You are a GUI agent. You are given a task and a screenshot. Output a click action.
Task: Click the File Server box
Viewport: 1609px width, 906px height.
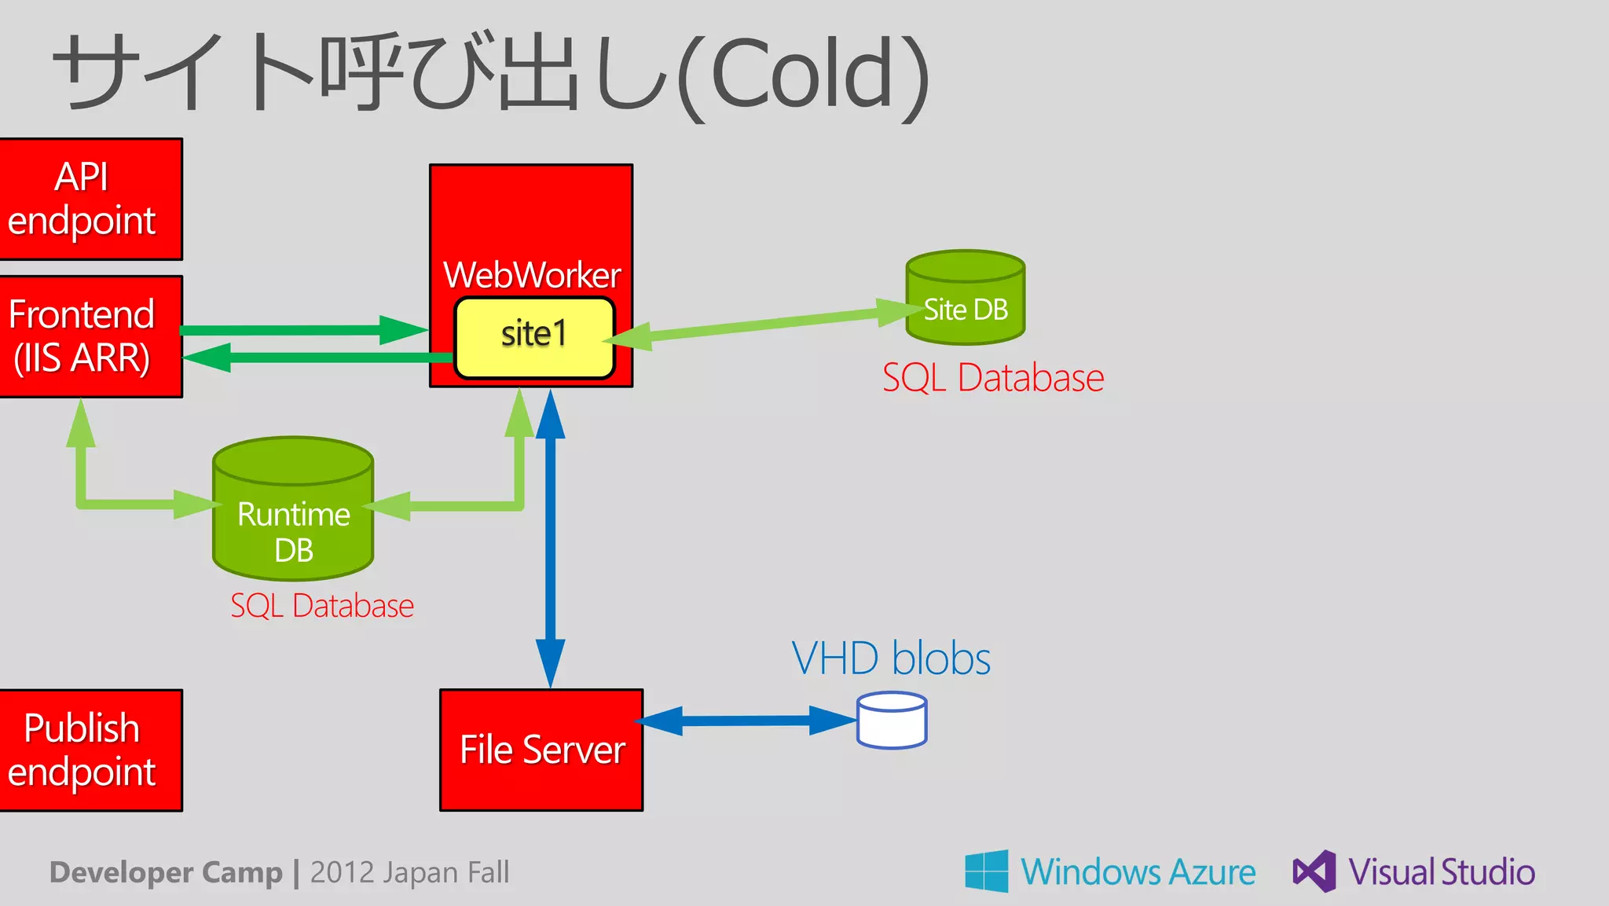pos(541,750)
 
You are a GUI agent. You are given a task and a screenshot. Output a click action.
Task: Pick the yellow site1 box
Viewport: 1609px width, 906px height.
pos(534,336)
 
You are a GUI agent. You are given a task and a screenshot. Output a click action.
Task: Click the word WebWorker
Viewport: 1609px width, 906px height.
pos(532,275)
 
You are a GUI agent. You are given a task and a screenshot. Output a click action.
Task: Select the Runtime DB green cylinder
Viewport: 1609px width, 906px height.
pos(293,511)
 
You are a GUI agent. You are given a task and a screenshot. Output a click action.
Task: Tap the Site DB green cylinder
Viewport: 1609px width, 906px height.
pos(966,299)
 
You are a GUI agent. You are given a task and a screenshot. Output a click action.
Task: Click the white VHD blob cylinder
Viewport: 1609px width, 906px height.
pos(892,720)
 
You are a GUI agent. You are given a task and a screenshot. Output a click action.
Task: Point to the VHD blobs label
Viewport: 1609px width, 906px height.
pos(890,658)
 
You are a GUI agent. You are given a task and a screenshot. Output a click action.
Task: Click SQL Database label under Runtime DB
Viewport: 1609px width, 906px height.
pos(321,606)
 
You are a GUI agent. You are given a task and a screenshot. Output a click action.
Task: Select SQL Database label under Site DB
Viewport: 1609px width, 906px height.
pos(993,378)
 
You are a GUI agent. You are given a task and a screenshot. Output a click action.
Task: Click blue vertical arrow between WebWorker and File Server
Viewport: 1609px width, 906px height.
pos(550,542)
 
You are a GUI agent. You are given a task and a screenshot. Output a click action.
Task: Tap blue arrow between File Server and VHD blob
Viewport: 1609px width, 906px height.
pos(746,720)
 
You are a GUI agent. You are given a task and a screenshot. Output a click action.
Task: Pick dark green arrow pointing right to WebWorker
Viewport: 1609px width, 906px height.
pos(299,330)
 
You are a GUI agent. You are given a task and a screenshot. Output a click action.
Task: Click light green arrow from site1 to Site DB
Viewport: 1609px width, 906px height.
pos(762,324)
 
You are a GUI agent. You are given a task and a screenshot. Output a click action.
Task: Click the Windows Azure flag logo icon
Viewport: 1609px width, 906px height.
pos(987,871)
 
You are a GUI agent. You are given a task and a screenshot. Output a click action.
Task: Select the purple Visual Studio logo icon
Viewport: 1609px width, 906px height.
pos(1314,871)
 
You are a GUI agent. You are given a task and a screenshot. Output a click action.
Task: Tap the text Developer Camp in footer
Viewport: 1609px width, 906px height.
pos(166,872)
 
